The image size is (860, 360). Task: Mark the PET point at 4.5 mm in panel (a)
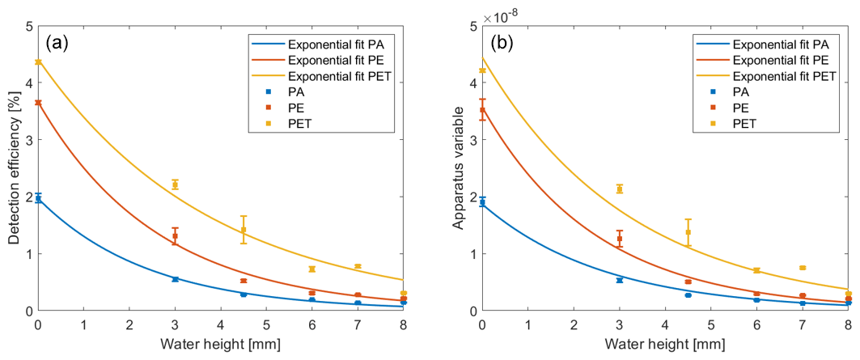244,230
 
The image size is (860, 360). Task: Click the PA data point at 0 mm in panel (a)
38,198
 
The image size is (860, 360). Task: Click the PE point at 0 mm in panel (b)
483,110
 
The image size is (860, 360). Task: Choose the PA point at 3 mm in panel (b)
620,280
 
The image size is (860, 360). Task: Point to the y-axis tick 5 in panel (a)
28,26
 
